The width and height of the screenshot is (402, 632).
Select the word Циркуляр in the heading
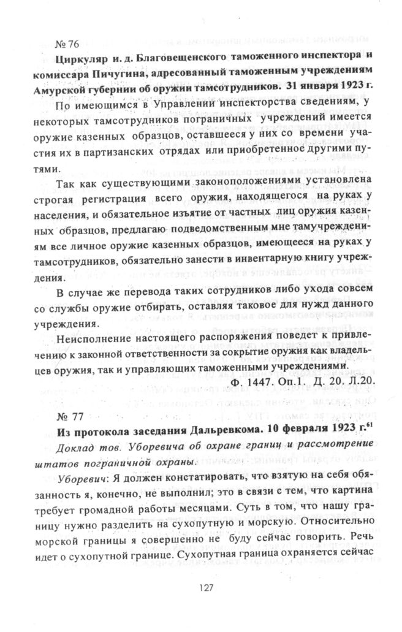(x=80, y=59)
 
